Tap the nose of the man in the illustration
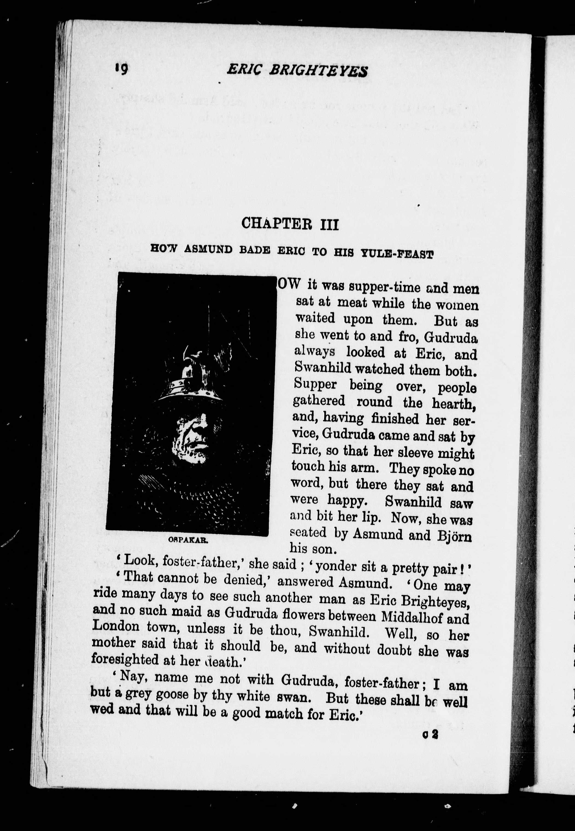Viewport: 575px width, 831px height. tap(199, 429)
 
